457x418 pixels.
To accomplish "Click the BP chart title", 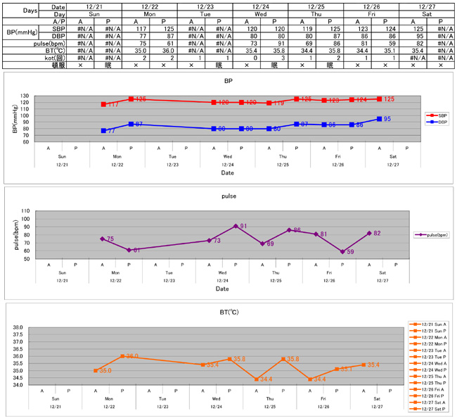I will pyautogui.click(x=228, y=82).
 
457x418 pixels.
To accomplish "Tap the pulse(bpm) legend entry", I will pyautogui.click(x=430, y=235).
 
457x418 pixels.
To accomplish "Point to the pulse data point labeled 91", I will pyautogui.click(x=236, y=226).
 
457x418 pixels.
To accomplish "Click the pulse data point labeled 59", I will pyautogui.click(x=342, y=251).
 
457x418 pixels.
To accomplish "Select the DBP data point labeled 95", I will pyautogui.click(x=380, y=119).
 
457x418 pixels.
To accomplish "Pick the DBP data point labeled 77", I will pyautogui.click(x=103, y=131).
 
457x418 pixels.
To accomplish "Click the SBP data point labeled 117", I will pyautogui.click(x=103, y=104).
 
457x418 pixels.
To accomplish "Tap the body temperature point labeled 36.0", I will pyautogui.click(x=122, y=356).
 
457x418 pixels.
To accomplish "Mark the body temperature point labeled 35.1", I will pyautogui.click(x=337, y=369).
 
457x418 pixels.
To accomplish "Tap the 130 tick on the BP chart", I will pyautogui.click(x=27, y=96).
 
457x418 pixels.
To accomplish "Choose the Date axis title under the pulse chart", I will pyautogui.click(x=222, y=289).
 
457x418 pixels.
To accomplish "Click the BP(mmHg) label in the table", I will pyautogui.click(x=19, y=32).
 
